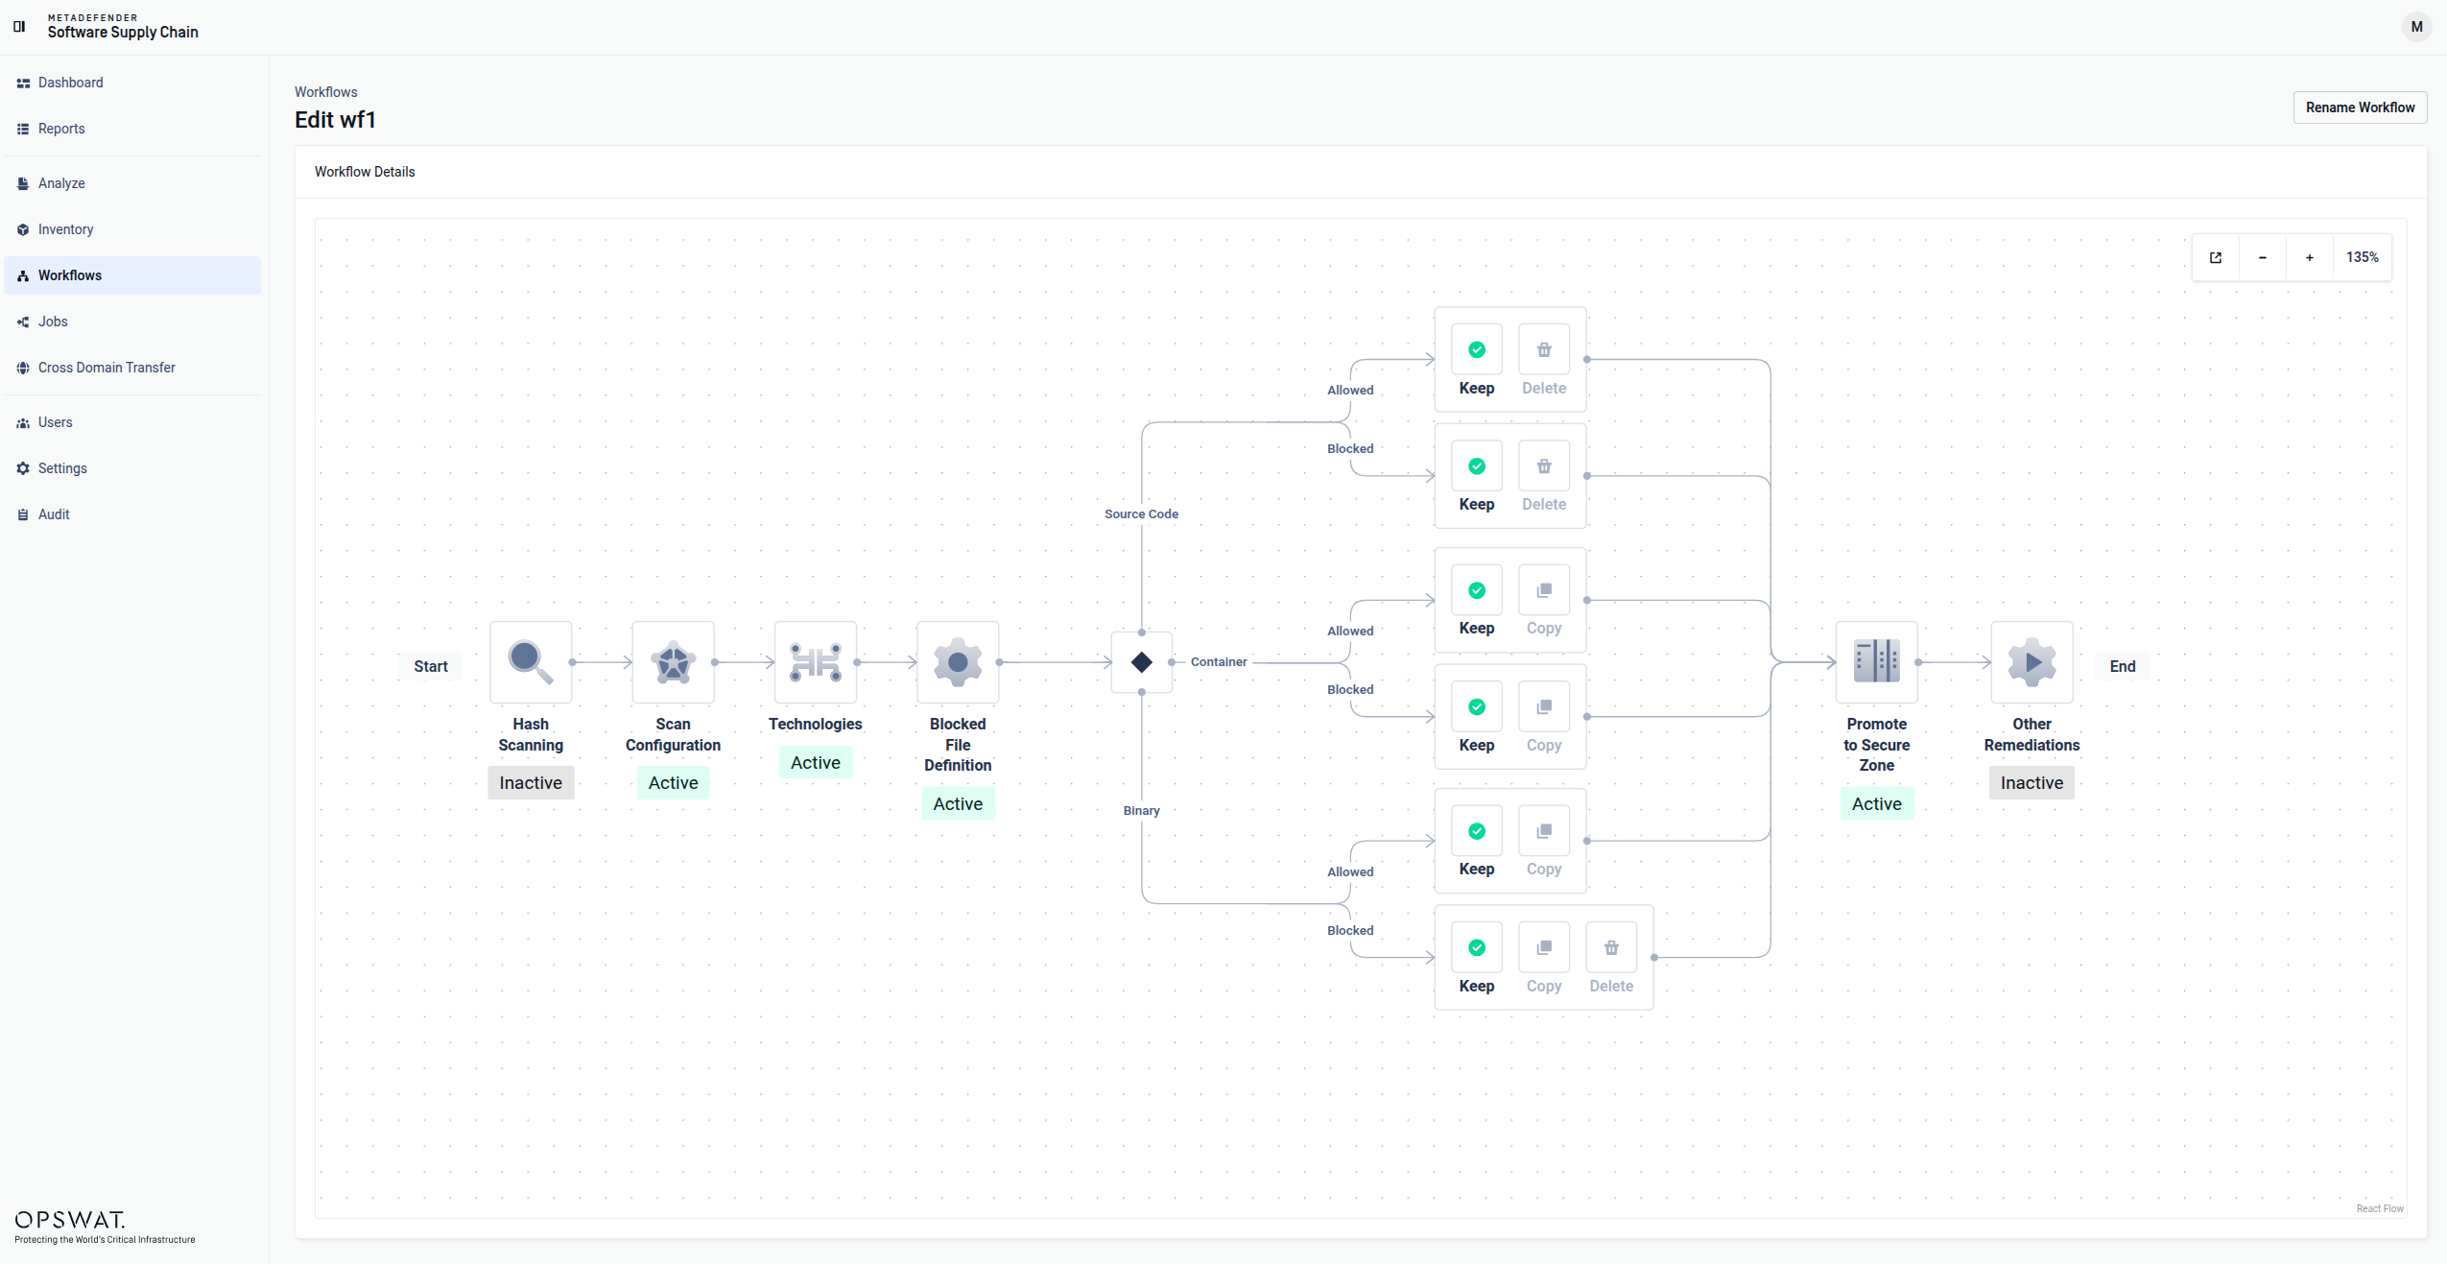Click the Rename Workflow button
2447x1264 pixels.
(x=2360, y=107)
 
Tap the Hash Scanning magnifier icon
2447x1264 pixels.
(x=531, y=662)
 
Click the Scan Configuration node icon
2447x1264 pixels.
(x=673, y=662)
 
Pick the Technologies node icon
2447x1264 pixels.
(x=816, y=662)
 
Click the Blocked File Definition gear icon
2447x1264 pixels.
(x=958, y=662)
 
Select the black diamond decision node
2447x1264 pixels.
(x=1142, y=662)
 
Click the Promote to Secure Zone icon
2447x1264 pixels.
(x=1877, y=662)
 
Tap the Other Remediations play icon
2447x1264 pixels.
(x=2032, y=662)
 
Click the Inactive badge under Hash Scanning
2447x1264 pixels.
(x=531, y=783)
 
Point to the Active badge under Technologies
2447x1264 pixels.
(x=816, y=763)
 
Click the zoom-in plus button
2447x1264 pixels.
(x=2310, y=257)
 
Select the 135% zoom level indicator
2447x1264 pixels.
(x=2363, y=257)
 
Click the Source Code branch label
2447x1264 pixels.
(x=1141, y=514)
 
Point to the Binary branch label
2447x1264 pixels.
(x=1142, y=811)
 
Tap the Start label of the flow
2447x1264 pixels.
(x=431, y=666)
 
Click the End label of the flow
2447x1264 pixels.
(x=2123, y=666)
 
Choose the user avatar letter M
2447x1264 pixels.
(x=2416, y=27)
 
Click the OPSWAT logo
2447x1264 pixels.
(x=70, y=1220)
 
